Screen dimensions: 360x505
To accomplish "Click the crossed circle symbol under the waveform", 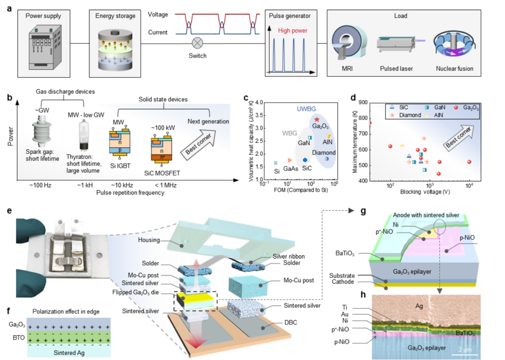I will [x=198, y=43].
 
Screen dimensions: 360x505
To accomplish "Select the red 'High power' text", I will [x=292, y=31].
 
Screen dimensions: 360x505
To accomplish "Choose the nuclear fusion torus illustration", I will [x=454, y=46].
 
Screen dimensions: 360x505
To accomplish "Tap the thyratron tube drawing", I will [x=85, y=134].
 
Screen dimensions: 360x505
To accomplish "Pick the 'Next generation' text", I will [x=208, y=122].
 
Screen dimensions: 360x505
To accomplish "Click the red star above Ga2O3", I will [x=317, y=120].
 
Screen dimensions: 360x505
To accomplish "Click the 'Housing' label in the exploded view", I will [x=149, y=240].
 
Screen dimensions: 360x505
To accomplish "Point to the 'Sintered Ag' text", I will [x=69, y=353].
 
